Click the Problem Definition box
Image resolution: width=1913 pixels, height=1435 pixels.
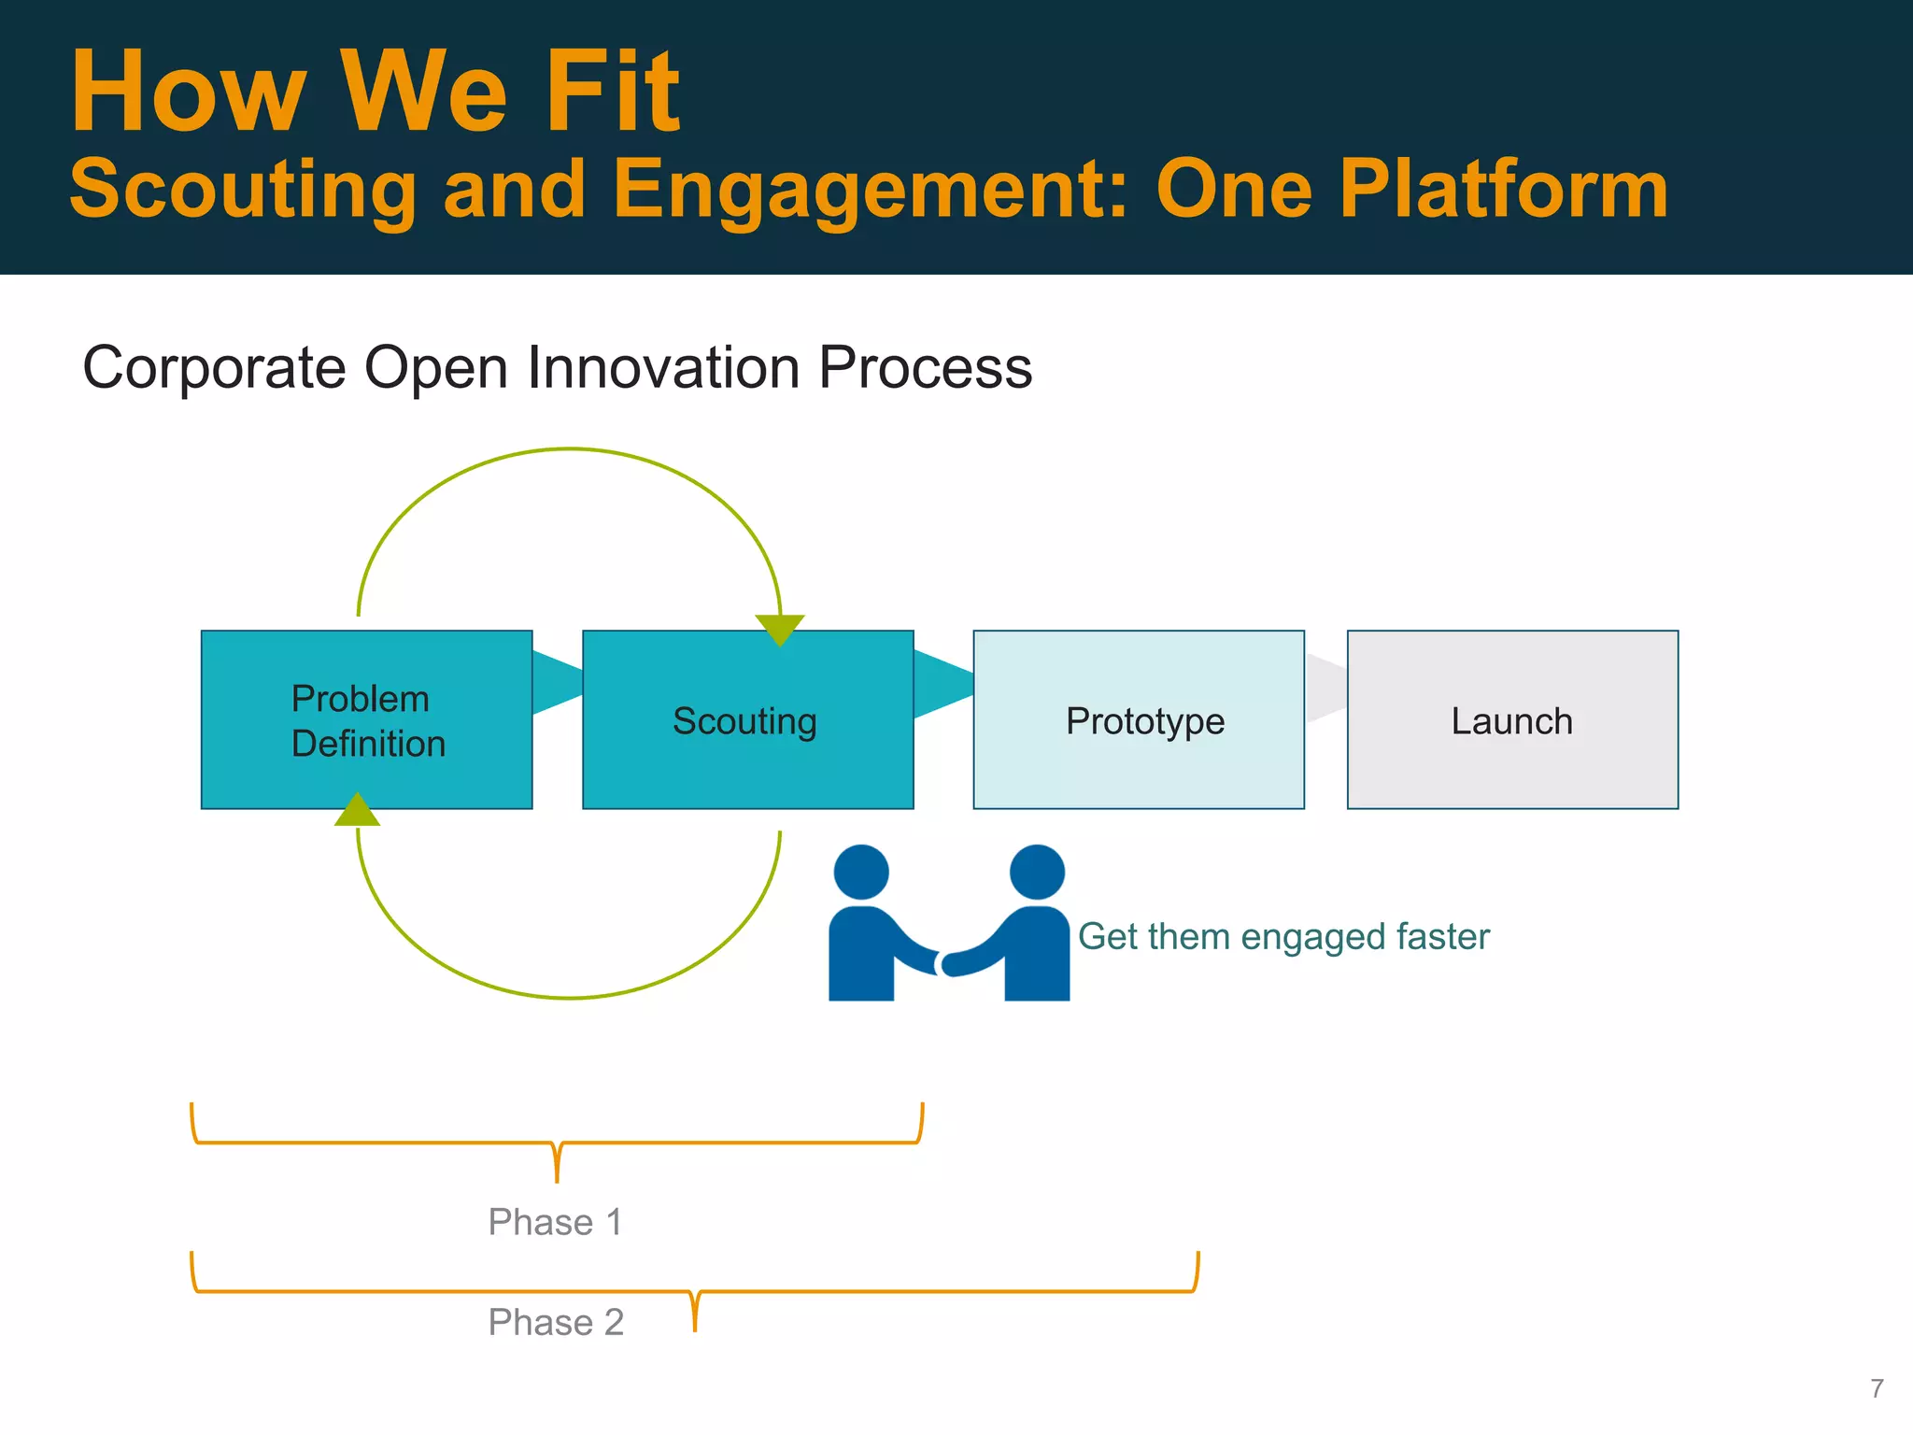click(x=366, y=719)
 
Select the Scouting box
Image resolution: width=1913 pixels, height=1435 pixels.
click(x=747, y=719)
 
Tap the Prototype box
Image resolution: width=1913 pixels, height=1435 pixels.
click(x=1139, y=719)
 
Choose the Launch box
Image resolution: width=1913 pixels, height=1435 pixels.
click(x=1512, y=719)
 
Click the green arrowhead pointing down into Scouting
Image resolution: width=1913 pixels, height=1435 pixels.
click(x=780, y=629)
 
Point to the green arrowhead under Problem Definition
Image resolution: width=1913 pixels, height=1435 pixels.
click(x=357, y=811)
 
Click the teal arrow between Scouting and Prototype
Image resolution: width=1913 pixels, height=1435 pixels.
click(x=942, y=684)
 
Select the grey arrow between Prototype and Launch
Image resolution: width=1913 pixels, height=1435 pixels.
click(x=1325, y=688)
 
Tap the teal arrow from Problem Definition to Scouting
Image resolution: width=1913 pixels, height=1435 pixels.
click(x=556, y=683)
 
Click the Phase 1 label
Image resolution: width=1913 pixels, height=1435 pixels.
click(x=555, y=1222)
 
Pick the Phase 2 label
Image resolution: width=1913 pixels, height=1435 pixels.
click(x=556, y=1322)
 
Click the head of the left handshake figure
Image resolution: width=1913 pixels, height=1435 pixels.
click(x=860, y=872)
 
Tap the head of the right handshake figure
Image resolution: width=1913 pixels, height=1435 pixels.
click(x=1037, y=872)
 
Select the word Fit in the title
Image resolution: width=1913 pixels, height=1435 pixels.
click(x=613, y=92)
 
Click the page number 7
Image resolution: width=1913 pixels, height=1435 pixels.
click(x=1877, y=1388)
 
